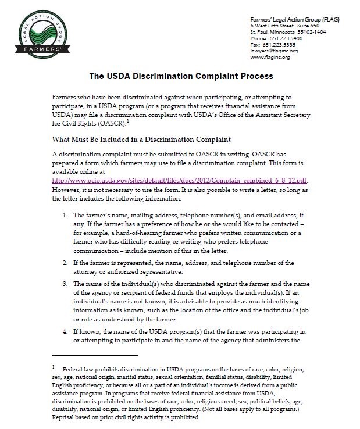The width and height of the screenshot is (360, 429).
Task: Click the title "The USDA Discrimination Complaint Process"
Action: [180, 76]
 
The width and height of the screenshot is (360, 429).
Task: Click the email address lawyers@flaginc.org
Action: [273, 51]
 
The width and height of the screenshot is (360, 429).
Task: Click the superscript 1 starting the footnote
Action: [54, 367]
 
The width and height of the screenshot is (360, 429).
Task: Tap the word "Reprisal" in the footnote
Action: [65, 417]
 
